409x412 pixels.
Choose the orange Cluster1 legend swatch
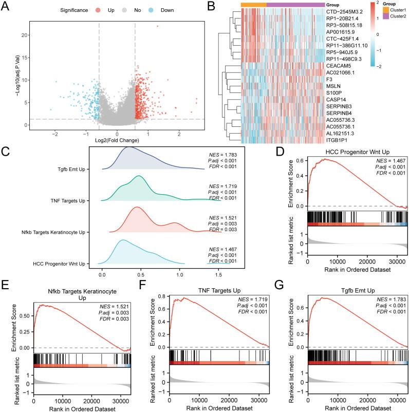[386, 10]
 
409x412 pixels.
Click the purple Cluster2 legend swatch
[386, 16]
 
